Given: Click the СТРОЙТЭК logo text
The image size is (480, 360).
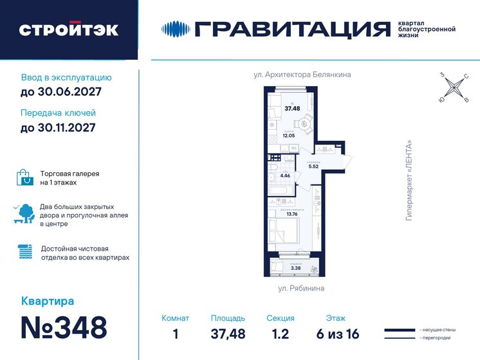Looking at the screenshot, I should [x=68, y=30].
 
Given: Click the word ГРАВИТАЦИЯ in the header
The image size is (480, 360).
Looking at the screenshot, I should [x=292, y=29].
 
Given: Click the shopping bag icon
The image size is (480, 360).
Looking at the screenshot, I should [x=25, y=177].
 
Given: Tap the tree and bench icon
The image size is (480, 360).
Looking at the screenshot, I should [x=25, y=213].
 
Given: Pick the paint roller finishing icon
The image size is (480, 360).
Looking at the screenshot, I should [x=25, y=252].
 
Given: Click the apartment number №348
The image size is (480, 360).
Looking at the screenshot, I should [x=64, y=327].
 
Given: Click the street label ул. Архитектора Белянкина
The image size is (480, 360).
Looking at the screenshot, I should [x=302, y=75].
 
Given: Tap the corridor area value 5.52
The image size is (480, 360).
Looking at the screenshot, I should [x=314, y=167].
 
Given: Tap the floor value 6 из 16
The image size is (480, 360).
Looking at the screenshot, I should [x=335, y=333].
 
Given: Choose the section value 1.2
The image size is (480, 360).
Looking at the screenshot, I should [x=280, y=333].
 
